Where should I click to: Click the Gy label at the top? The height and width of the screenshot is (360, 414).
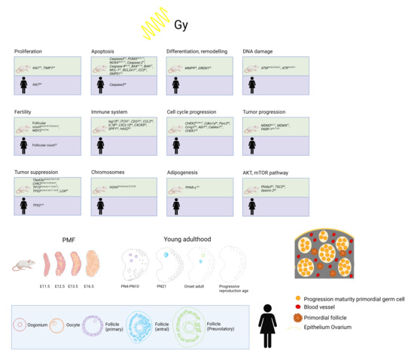click(x=181, y=25)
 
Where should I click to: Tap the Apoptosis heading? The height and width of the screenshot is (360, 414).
click(x=102, y=51)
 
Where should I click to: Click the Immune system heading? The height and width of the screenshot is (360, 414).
click(x=108, y=111)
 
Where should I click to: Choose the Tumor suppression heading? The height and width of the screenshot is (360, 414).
click(x=36, y=170)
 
